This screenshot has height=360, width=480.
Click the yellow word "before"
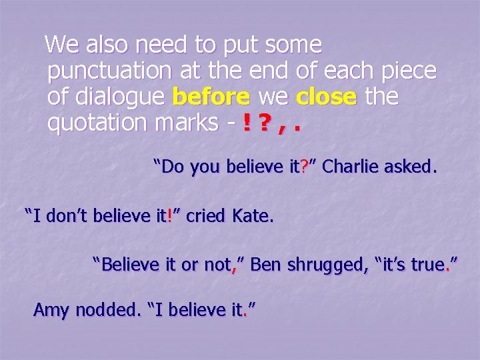point(211,97)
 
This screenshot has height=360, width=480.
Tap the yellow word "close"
point(327,97)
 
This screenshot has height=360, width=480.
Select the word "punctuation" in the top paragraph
point(109,71)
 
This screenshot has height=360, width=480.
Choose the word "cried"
point(207,216)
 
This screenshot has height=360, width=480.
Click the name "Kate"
point(253,216)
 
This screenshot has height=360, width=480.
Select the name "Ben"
point(265,265)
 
